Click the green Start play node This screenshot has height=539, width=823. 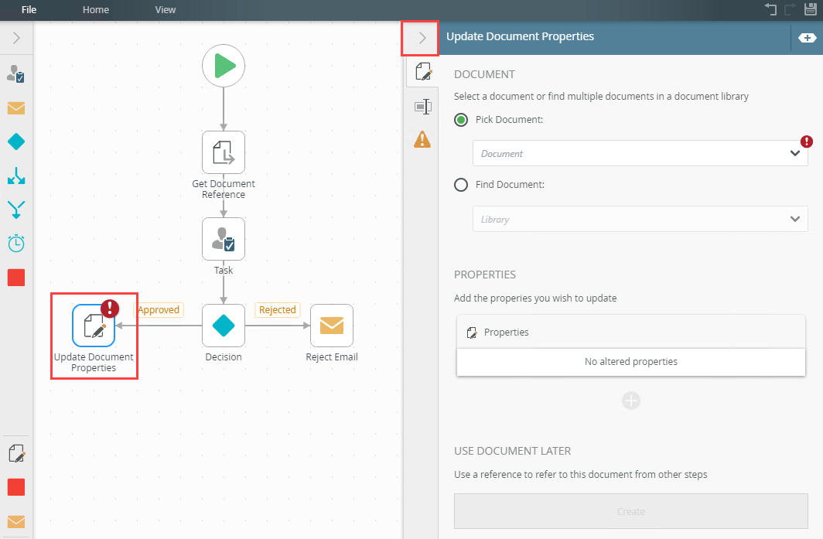[x=224, y=66]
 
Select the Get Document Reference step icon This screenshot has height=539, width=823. [x=224, y=152]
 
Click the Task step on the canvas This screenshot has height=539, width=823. [x=224, y=239]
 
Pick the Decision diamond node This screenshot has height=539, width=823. [x=224, y=326]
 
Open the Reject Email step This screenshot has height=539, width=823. [x=332, y=326]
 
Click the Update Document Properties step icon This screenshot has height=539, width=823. [x=94, y=326]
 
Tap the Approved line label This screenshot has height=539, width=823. [x=159, y=309]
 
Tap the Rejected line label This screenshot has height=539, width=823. [x=277, y=309]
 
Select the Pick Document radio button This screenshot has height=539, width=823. [x=461, y=120]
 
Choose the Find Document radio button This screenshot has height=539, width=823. [x=461, y=185]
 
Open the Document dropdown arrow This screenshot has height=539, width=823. [x=794, y=153]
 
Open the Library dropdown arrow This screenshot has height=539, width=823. [x=794, y=219]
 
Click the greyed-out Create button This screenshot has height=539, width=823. [x=631, y=511]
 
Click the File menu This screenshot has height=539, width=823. [x=29, y=9]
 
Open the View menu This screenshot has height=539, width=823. [x=166, y=9]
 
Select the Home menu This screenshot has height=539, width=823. [x=96, y=9]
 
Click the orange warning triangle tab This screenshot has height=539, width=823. [x=422, y=140]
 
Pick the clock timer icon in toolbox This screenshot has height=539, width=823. [x=16, y=243]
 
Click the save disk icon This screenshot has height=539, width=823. [x=810, y=9]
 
